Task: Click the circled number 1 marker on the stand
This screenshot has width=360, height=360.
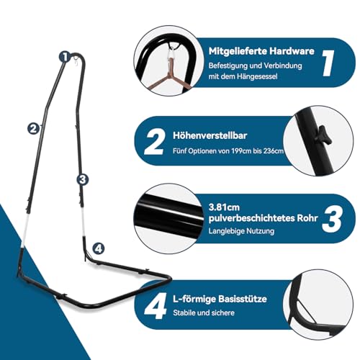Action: click(64, 55)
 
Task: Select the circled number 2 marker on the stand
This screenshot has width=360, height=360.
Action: click(32, 128)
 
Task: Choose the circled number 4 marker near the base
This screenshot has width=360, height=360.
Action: click(98, 248)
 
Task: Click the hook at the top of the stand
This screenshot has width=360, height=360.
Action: click(73, 65)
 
